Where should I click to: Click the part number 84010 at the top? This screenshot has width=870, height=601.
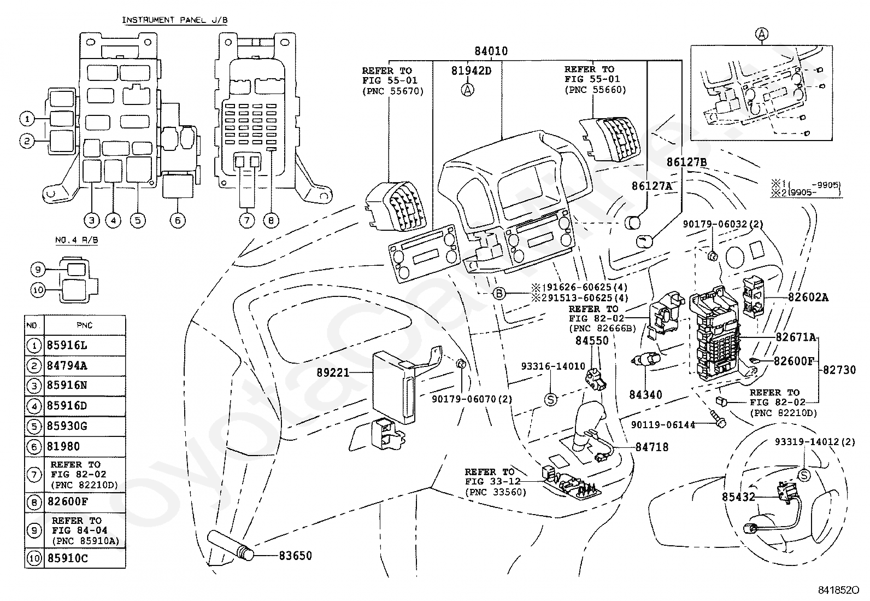(x=491, y=51)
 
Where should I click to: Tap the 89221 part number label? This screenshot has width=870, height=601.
(x=333, y=373)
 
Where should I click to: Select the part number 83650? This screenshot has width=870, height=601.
(x=295, y=556)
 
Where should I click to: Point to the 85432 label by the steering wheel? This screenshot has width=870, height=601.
(x=738, y=497)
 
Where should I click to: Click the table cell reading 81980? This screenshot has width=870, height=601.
(x=63, y=446)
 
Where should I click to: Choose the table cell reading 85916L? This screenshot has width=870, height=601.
(x=67, y=345)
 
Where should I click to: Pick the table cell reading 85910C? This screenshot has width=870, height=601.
(x=67, y=558)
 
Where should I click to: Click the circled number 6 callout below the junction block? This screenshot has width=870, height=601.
(x=178, y=221)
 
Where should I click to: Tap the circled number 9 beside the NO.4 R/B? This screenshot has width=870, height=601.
(x=38, y=269)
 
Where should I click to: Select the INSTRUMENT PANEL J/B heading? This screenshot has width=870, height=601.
(x=175, y=20)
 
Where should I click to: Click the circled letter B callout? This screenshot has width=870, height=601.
(x=499, y=293)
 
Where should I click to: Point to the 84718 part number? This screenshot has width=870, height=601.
(x=652, y=447)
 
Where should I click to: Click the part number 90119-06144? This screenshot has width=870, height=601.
(x=663, y=424)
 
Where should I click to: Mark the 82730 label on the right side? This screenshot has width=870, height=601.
(x=839, y=370)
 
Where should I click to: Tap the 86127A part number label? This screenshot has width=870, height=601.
(x=652, y=186)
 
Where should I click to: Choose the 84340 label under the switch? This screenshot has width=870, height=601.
(x=645, y=395)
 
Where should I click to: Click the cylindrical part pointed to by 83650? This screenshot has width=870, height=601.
(x=230, y=545)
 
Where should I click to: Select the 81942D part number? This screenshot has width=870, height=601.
(x=471, y=71)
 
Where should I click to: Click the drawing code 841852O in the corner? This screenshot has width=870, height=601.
(x=838, y=590)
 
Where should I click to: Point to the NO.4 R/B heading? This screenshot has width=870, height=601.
(x=76, y=240)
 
